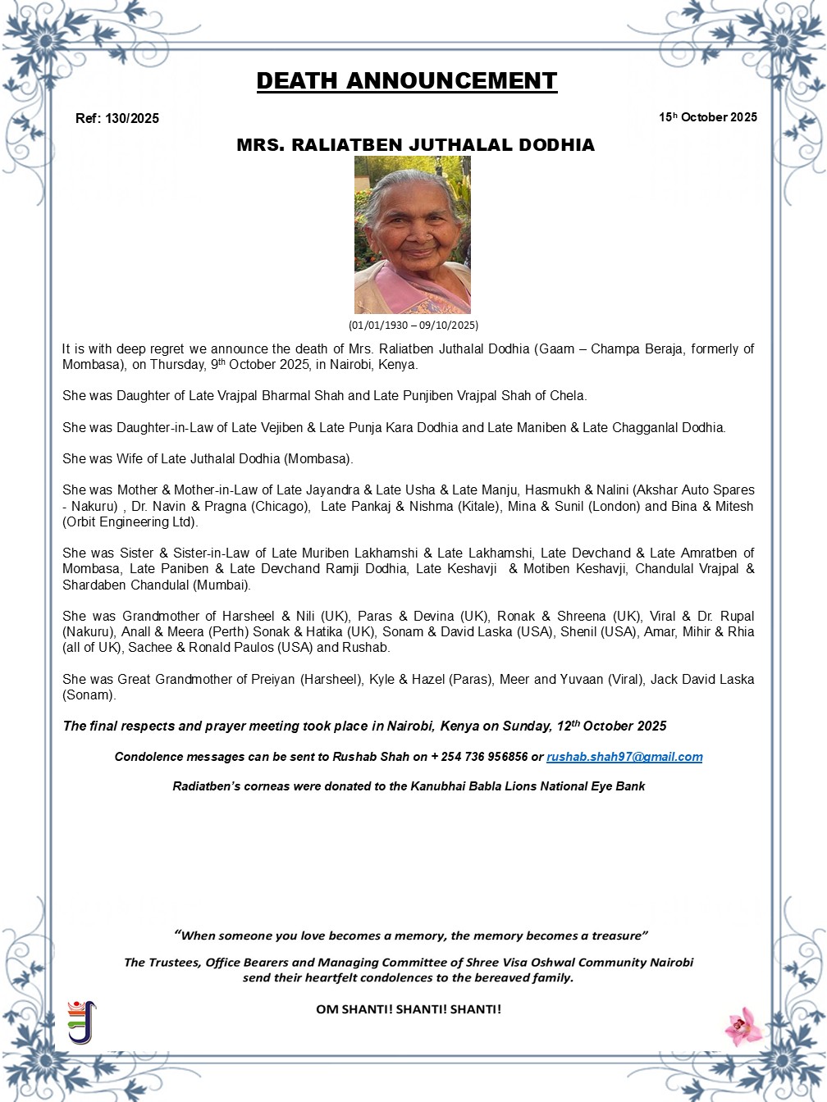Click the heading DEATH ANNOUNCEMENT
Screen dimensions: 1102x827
pos(406,81)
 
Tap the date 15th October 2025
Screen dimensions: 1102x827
pos(707,117)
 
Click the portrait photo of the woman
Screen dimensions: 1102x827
pos(412,235)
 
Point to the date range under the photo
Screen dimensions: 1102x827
pos(413,325)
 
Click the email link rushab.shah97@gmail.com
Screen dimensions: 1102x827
pos(624,757)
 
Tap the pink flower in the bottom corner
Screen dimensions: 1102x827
pos(743,1026)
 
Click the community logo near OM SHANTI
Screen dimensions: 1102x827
pos(81,1022)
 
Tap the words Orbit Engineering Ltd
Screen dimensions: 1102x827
pos(130,521)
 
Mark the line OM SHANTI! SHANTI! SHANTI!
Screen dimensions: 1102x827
pos(409,1009)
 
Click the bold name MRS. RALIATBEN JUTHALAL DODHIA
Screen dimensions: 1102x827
pos(415,145)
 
